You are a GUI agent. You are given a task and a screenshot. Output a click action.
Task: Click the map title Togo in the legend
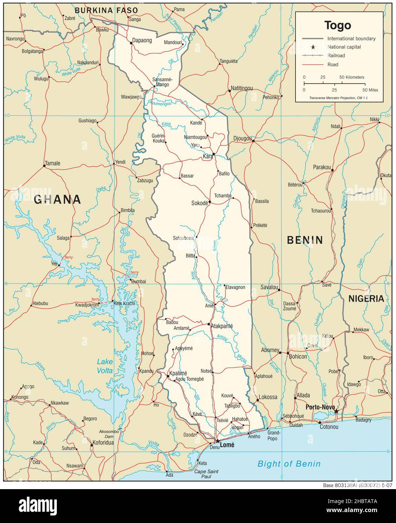click(x=338, y=25)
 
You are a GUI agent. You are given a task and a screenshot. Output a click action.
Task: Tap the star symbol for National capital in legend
click(x=313, y=47)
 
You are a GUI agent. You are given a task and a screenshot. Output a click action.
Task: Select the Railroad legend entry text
click(x=336, y=56)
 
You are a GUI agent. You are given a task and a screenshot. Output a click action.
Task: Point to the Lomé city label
click(x=227, y=445)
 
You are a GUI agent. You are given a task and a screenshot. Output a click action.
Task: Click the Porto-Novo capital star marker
click(x=336, y=412)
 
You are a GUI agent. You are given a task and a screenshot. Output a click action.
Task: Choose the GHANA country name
click(x=57, y=199)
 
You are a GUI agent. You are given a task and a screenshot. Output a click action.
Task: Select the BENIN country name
click(x=305, y=240)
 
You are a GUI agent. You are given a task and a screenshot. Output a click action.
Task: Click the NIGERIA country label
click(x=366, y=299)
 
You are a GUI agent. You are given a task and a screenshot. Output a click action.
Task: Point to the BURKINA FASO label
click(x=106, y=11)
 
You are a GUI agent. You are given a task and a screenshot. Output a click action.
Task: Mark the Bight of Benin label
click(x=289, y=464)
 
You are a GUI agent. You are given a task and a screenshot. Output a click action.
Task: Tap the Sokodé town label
click(x=199, y=203)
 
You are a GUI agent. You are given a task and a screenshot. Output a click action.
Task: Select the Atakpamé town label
click(x=222, y=326)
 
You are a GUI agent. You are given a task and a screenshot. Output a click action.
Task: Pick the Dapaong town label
click(x=142, y=41)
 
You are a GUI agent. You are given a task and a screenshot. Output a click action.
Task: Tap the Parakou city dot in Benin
click(x=332, y=170)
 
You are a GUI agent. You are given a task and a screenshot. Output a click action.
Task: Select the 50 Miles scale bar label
click(x=370, y=90)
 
